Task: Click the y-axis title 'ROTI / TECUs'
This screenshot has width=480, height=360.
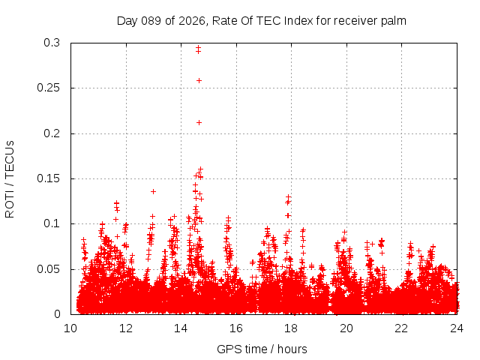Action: (10, 178)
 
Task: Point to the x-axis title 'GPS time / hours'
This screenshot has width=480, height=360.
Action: (262, 349)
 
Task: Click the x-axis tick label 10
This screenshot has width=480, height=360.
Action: (70, 328)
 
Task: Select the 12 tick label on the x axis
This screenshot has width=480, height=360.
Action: (126, 328)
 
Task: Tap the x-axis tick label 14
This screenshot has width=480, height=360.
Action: (181, 328)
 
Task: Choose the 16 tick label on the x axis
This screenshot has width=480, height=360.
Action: (236, 328)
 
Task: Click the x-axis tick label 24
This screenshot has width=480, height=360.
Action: (457, 328)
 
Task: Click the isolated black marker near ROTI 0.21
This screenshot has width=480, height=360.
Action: (199, 122)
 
